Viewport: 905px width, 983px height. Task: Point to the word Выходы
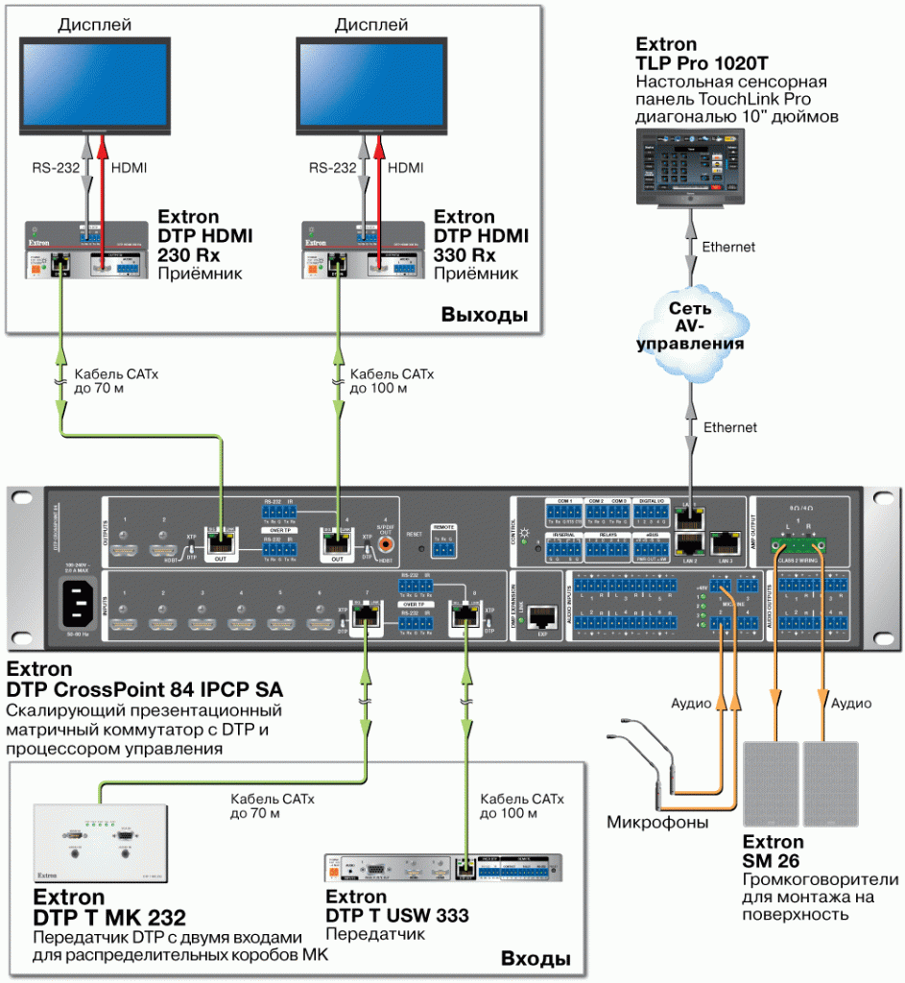pyautogui.click(x=485, y=316)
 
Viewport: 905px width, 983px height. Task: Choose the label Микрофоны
pyautogui.click(x=656, y=823)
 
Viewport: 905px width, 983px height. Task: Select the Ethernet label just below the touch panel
pyautogui.click(x=728, y=247)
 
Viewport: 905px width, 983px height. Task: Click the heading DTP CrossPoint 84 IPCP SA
pyautogui.click(x=144, y=690)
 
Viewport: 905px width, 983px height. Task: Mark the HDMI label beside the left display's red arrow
pyautogui.click(x=130, y=168)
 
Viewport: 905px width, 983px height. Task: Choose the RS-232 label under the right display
pyautogui.click(x=332, y=168)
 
